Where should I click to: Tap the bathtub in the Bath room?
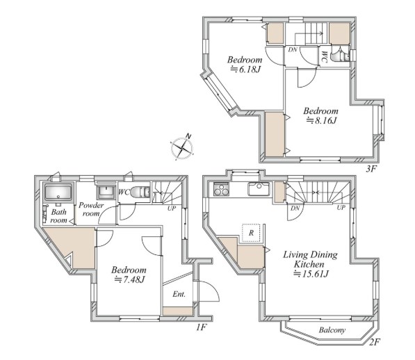click(58, 193)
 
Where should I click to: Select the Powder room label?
click(91, 209)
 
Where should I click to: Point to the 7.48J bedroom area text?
click(129, 279)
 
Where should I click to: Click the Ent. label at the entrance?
click(179, 294)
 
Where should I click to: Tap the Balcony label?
click(332, 330)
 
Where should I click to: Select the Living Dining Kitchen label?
click(310, 259)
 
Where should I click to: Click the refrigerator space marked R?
click(252, 233)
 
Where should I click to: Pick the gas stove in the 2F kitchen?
click(221, 190)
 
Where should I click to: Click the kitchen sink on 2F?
click(259, 189)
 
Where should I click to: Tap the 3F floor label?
click(371, 169)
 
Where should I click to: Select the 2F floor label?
click(375, 342)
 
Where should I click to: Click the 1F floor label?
click(201, 327)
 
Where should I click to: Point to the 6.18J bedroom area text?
click(245, 69)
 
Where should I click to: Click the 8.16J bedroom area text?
click(321, 120)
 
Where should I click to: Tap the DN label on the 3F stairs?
click(293, 49)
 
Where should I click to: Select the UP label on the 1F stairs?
click(171, 208)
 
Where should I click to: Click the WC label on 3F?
click(325, 56)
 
